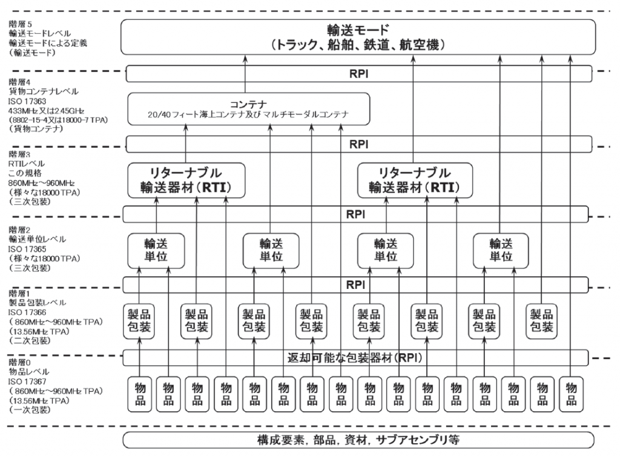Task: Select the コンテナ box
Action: [x=248, y=109]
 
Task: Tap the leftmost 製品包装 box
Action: [x=140, y=320]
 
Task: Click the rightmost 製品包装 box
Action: [x=542, y=320]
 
